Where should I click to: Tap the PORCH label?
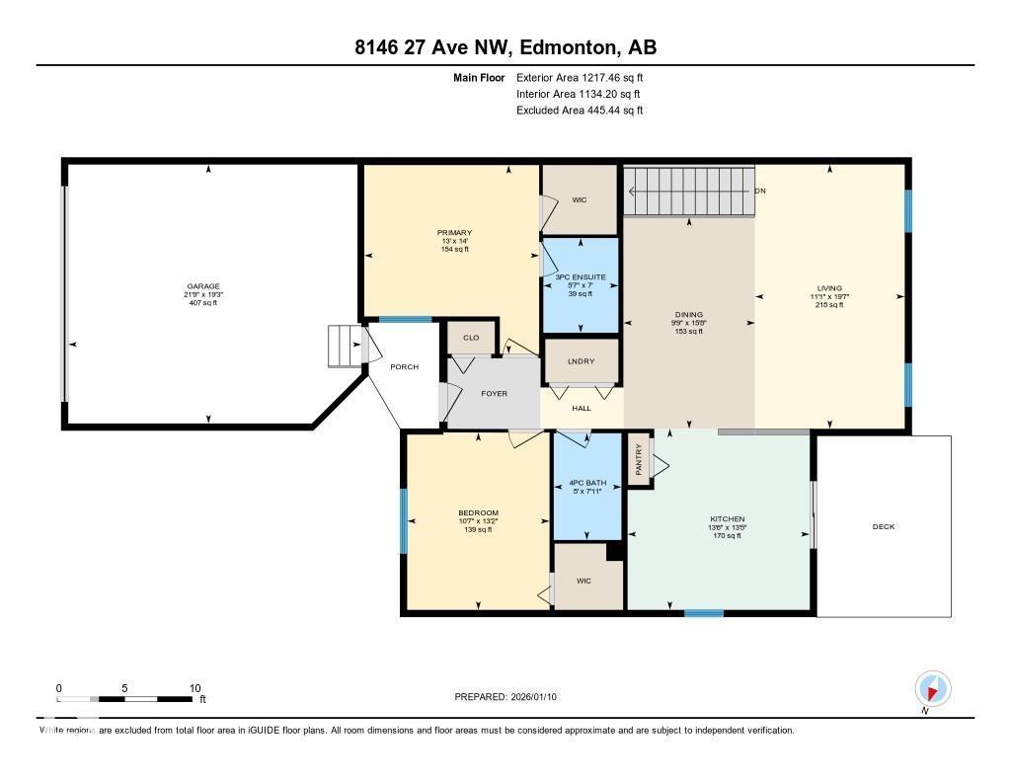(x=404, y=366)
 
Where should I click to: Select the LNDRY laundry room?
(x=581, y=361)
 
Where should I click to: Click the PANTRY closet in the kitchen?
(x=639, y=460)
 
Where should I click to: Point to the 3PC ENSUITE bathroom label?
(x=581, y=277)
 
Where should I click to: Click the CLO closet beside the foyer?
(x=471, y=338)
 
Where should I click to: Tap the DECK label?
(x=883, y=526)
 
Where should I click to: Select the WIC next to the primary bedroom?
(x=580, y=199)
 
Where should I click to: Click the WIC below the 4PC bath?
(x=583, y=581)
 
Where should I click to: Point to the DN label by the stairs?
(x=760, y=191)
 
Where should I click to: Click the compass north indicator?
(x=932, y=688)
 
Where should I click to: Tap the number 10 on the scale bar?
(x=194, y=688)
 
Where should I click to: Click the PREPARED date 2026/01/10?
(x=505, y=697)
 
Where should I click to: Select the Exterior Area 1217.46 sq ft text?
(x=581, y=77)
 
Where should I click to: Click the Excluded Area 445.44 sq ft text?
(x=580, y=111)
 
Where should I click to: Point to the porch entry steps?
(x=345, y=347)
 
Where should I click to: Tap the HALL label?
(x=582, y=408)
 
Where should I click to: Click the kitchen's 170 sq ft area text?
(x=727, y=535)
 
